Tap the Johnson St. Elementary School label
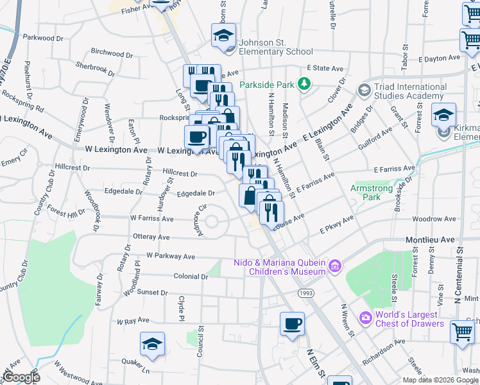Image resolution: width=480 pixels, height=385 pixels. tap(275, 47)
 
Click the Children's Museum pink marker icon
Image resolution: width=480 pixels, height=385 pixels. tap(334, 266)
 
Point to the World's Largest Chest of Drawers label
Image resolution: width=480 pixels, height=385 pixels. tap(409, 319)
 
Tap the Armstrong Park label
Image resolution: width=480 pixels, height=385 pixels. tap(366, 193)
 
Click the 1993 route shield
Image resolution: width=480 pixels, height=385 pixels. tap(305, 293)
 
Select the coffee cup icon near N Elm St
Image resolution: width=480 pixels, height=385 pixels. tap(292, 323)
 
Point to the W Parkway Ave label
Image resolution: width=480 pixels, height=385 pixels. tap(170, 257)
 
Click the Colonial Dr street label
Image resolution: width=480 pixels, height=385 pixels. tap(191, 277)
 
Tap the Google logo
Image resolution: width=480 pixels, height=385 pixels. tap(21, 378)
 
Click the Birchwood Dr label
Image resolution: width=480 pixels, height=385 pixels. tap(111, 52)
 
